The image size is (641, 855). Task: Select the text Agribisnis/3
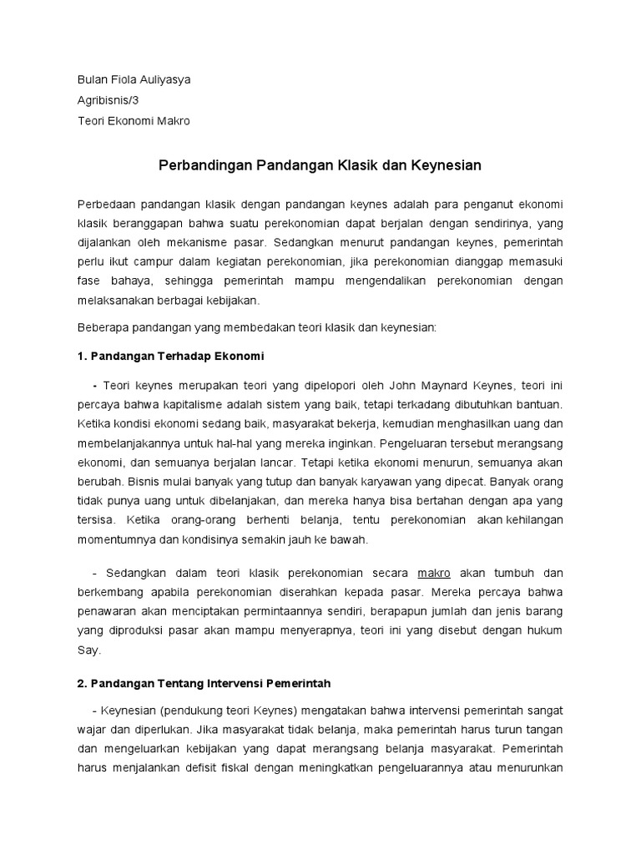point(109,101)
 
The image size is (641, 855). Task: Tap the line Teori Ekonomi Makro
point(134,121)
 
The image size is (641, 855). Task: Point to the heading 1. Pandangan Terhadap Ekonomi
point(170,357)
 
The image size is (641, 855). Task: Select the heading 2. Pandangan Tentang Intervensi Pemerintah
point(204,683)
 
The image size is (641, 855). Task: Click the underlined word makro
point(433,574)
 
